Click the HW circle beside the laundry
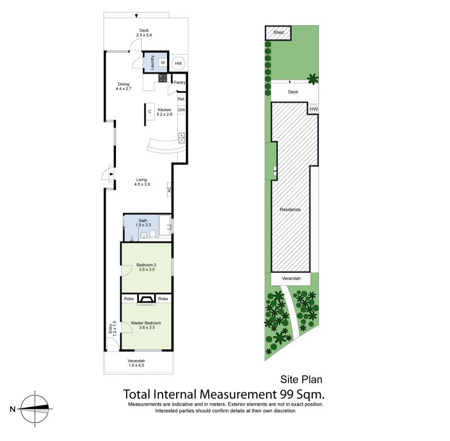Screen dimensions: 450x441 pos(178,64)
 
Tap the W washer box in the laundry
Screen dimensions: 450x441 pos(163,62)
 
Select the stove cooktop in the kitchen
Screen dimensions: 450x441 pos(163,78)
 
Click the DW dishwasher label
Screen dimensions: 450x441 pos(181,110)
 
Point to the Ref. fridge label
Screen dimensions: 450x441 pos(181,99)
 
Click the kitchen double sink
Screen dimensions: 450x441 pos(182,138)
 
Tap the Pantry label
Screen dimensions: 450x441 pos(179,82)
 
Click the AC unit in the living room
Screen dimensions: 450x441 pos(169,190)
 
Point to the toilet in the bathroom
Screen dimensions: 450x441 pos(152,235)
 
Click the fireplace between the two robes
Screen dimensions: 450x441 pos(146,299)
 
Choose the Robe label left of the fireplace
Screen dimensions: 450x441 pos(129,299)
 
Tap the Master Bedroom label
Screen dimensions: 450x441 pos(146,323)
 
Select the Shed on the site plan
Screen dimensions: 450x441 pos(278,33)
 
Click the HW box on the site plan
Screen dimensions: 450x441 pos(314,109)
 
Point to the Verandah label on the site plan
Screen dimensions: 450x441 pos(291,278)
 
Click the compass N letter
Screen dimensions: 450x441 pos(12,409)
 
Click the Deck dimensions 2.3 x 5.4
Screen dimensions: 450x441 pos(144,35)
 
